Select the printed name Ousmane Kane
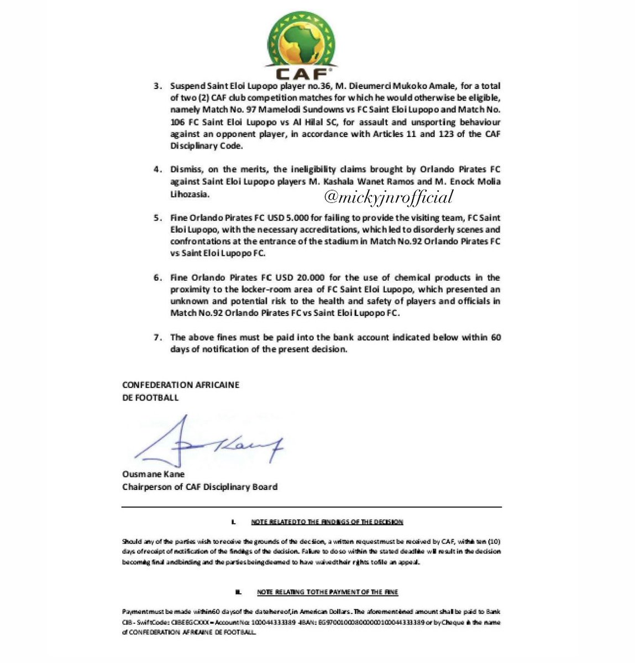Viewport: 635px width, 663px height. [153, 474]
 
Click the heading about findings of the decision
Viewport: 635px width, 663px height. [327, 522]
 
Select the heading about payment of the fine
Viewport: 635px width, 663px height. [327, 592]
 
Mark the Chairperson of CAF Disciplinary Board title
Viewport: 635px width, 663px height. [200, 487]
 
